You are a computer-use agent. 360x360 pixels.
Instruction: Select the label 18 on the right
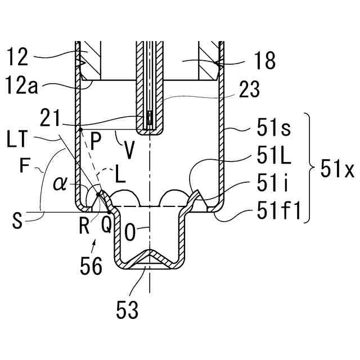click(x=264, y=61)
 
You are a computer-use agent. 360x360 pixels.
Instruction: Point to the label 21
click(x=51, y=119)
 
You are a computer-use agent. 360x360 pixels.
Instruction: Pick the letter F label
click(x=22, y=166)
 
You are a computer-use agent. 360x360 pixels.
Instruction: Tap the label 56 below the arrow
click(x=91, y=266)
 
